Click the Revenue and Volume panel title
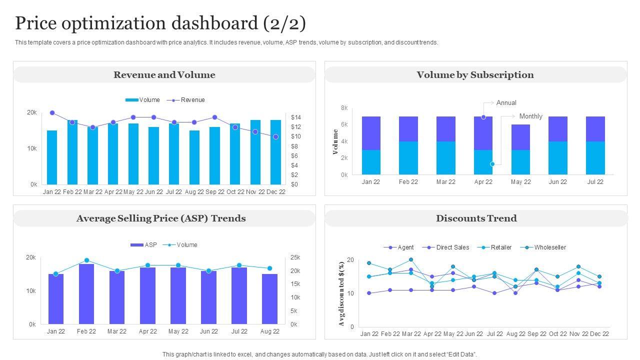click(x=164, y=75)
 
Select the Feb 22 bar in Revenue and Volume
click(x=72, y=152)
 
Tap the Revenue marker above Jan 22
click(x=52, y=113)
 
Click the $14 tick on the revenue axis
click(x=295, y=117)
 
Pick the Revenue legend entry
click(x=192, y=100)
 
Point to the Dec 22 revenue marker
click(x=275, y=136)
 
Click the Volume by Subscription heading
click(x=475, y=75)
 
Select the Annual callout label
click(x=506, y=103)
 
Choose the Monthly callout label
click(x=530, y=116)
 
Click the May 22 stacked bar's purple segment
click(x=520, y=137)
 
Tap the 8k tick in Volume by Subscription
click(x=344, y=108)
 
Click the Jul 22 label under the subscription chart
click(x=595, y=182)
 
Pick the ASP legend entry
click(x=150, y=245)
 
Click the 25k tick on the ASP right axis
click(x=295, y=258)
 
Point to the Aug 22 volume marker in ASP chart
click(x=269, y=268)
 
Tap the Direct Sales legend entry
click(x=452, y=247)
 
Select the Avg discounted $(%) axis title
click(x=342, y=293)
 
